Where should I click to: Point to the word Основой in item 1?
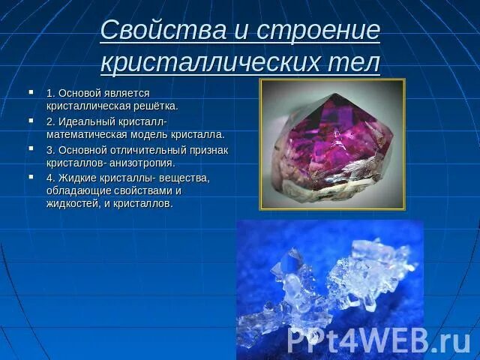coord(83,93)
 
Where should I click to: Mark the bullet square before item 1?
coord(31,92)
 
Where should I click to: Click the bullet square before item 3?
coord(31,149)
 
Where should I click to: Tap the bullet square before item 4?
coord(31,178)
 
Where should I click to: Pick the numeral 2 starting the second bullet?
coord(49,121)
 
